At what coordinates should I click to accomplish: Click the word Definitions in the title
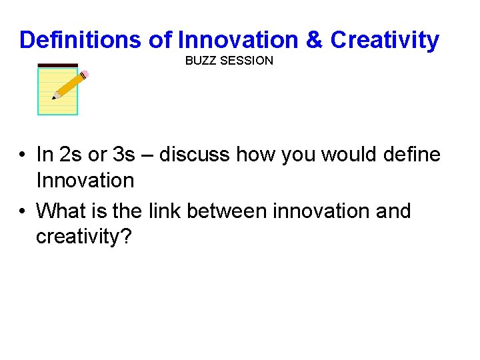pyautogui.click(x=80, y=40)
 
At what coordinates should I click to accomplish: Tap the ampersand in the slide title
pyautogui.click(x=313, y=40)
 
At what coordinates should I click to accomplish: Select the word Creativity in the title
pyautogui.click(x=385, y=40)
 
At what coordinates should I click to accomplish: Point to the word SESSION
pyautogui.click(x=251, y=61)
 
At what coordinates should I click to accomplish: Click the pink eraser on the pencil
pyautogui.click(x=85, y=74)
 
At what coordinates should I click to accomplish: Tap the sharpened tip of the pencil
pyautogui.click(x=55, y=97)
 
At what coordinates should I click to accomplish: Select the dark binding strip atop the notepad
pyautogui.click(x=58, y=65)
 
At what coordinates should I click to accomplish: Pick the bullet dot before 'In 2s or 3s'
pyautogui.click(x=22, y=155)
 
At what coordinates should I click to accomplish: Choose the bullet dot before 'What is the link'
pyautogui.click(x=22, y=211)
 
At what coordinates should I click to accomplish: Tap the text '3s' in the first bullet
pyautogui.click(x=124, y=155)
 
